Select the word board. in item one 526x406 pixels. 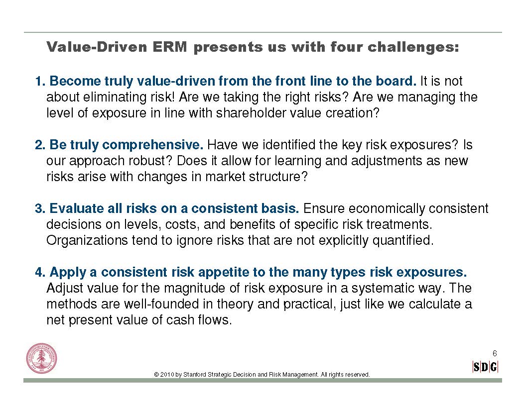(x=396, y=81)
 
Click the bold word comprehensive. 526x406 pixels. (x=153, y=145)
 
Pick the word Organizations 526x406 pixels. (x=87, y=240)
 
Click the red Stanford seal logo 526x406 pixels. (x=42, y=359)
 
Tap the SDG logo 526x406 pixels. (x=485, y=367)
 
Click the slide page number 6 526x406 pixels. (x=495, y=353)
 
